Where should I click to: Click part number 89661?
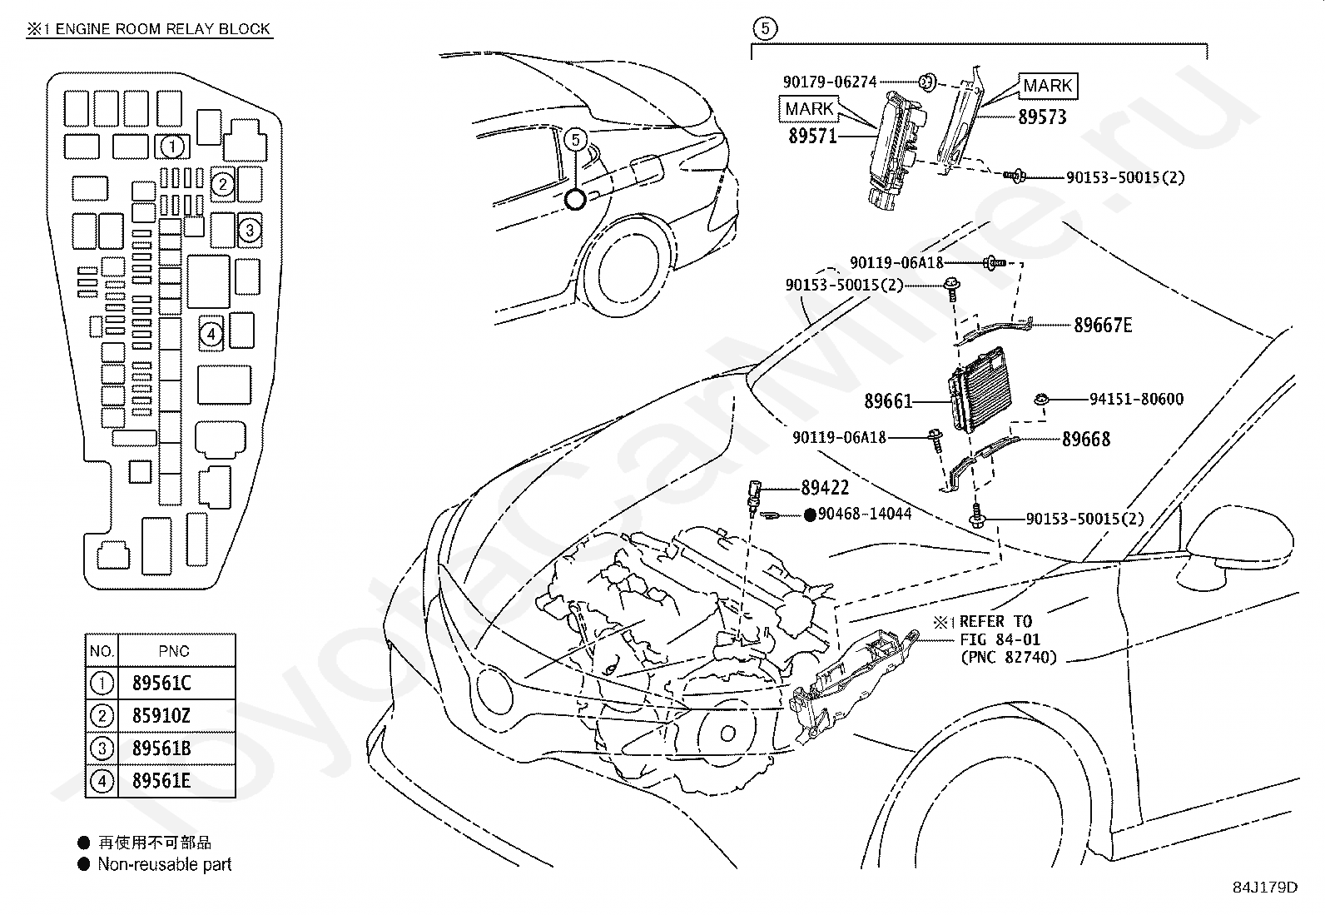coord(888,401)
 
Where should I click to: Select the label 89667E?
coord(1103,325)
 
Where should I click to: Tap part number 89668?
coord(1086,439)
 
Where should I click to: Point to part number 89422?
coord(825,488)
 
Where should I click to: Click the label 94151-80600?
coord(1136,399)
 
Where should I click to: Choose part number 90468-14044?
coord(864,514)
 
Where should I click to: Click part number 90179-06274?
coord(830,82)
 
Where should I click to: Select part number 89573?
coord(1042,117)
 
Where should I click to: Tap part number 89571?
coord(813,136)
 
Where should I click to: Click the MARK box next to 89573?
coord(1048,86)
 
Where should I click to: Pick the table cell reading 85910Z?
coord(161,716)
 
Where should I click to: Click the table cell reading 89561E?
coord(161,781)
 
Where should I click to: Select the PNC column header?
coord(174,651)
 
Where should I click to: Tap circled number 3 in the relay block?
coord(250,230)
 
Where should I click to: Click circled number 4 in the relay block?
coord(211,335)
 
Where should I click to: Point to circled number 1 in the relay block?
coord(172,147)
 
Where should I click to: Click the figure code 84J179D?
coord(1265,888)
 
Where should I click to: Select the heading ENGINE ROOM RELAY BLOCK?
coord(162,29)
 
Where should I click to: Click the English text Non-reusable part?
coord(165,865)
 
